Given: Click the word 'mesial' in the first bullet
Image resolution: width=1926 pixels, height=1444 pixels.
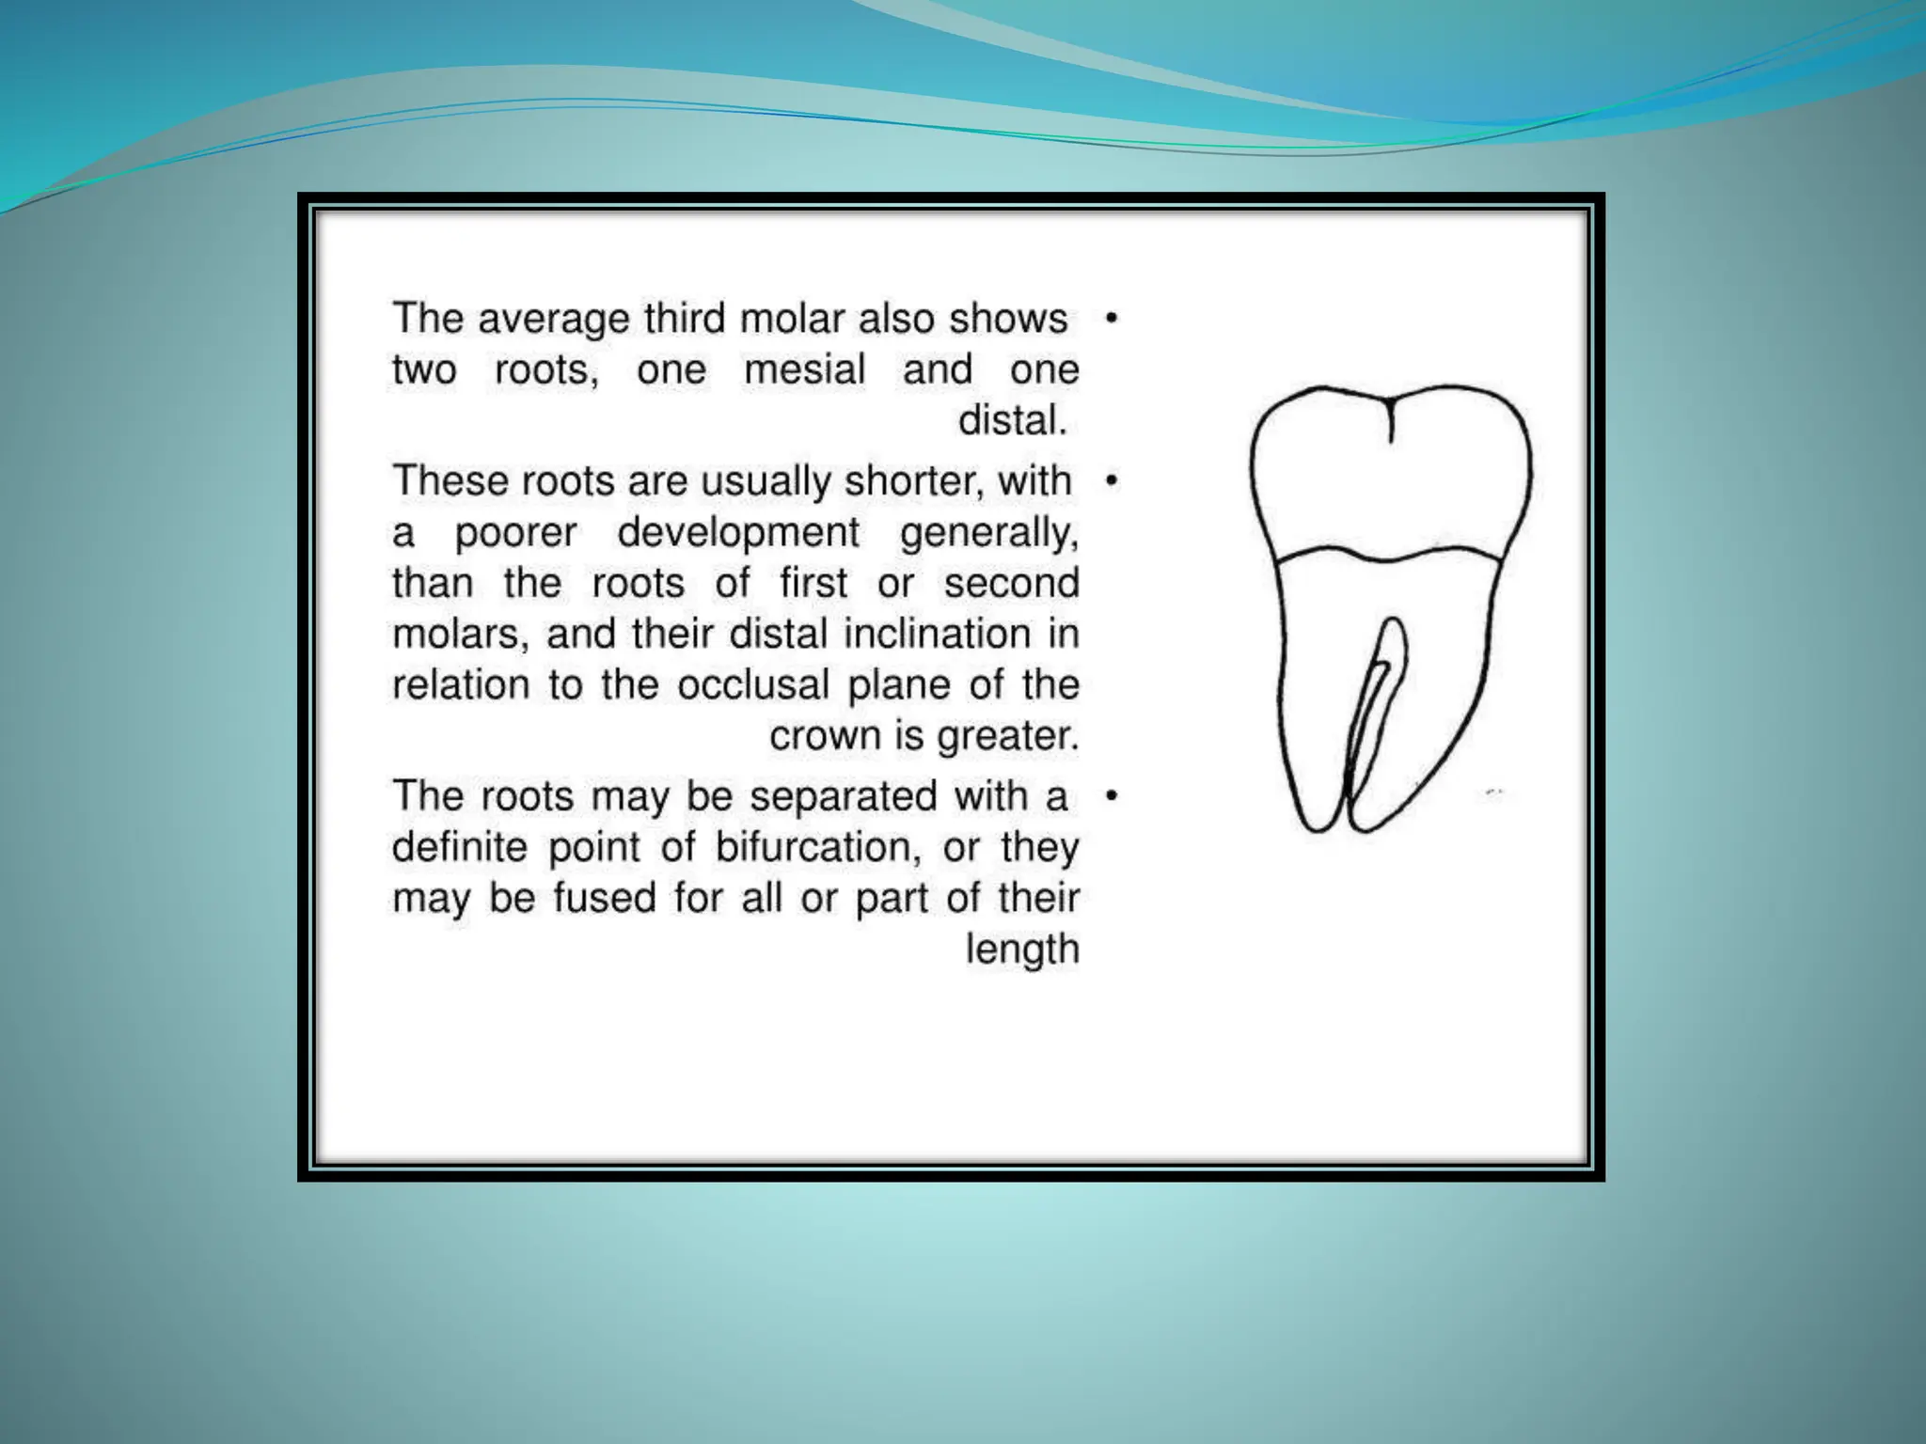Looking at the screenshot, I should [x=804, y=369].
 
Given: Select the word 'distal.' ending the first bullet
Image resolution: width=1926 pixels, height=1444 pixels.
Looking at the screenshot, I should [x=1012, y=420].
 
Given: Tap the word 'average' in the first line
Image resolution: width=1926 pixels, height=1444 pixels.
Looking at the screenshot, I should [x=553, y=319].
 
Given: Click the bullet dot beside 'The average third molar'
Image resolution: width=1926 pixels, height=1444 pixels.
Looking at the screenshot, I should [x=1112, y=320].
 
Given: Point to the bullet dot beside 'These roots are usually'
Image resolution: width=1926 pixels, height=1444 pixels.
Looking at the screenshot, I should [x=1112, y=481].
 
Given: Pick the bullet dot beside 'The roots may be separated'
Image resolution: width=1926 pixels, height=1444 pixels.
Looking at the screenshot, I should [x=1112, y=796].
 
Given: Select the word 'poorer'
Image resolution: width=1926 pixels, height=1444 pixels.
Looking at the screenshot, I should [x=515, y=533].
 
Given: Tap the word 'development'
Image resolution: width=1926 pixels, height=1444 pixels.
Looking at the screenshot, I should [x=737, y=533].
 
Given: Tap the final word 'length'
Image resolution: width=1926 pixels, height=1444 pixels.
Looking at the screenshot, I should [x=1022, y=950].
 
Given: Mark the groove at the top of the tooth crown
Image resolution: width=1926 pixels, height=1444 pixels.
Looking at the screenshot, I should [x=1390, y=419].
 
